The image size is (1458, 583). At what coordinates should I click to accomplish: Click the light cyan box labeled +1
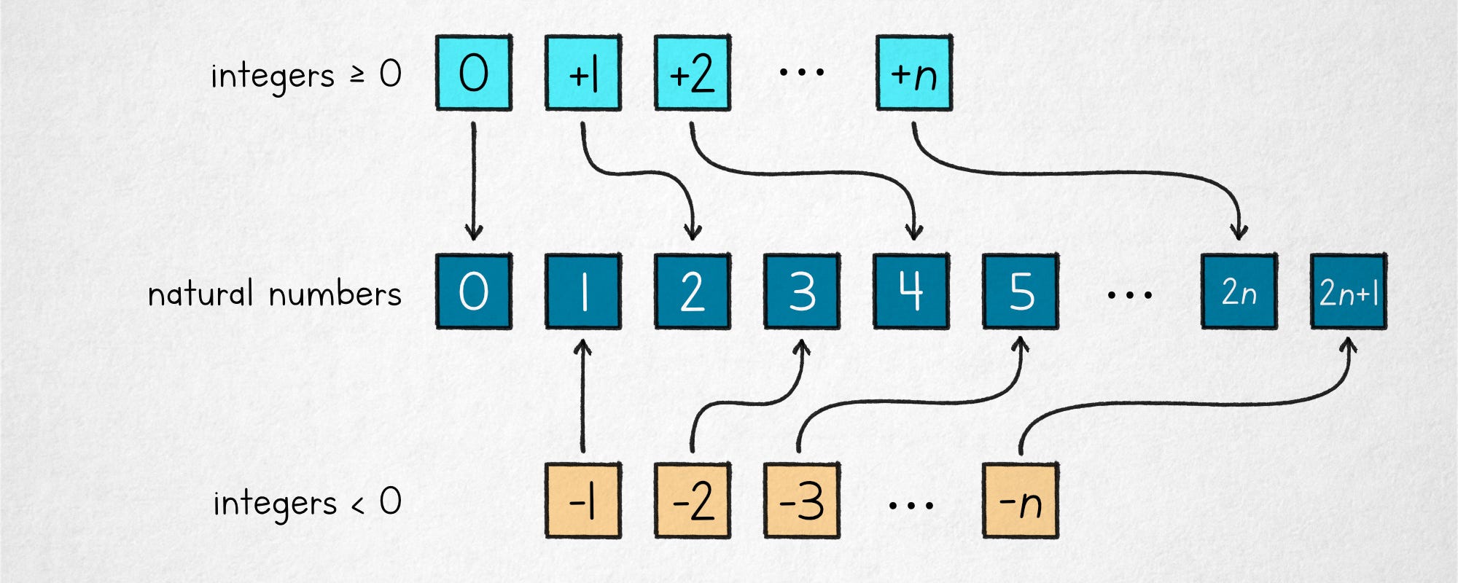click(583, 73)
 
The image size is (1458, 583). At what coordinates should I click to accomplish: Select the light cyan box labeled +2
click(693, 73)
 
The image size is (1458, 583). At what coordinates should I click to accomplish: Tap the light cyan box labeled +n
click(914, 73)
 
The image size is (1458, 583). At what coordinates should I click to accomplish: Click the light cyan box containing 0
click(474, 73)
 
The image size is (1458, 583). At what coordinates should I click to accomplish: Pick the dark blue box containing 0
click(474, 291)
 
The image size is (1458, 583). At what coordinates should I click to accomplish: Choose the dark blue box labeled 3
click(802, 291)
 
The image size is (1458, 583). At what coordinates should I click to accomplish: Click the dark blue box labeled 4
click(911, 291)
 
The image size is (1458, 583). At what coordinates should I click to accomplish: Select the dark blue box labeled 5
click(1021, 291)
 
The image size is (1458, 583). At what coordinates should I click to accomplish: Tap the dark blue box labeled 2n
click(1239, 291)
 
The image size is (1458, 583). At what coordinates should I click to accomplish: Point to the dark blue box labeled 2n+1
click(1349, 291)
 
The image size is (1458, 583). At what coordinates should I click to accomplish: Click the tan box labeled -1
click(583, 501)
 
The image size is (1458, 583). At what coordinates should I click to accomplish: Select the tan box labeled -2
click(693, 501)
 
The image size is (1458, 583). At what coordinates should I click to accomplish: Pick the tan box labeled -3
click(802, 501)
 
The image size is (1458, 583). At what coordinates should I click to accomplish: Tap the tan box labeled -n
click(1021, 501)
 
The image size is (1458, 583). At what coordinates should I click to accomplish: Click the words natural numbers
click(275, 293)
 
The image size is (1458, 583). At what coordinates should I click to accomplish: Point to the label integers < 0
click(307, 503)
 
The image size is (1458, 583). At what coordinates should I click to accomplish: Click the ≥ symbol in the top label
click(357, 74)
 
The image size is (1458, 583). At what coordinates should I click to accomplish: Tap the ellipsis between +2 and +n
click(802, 72)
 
